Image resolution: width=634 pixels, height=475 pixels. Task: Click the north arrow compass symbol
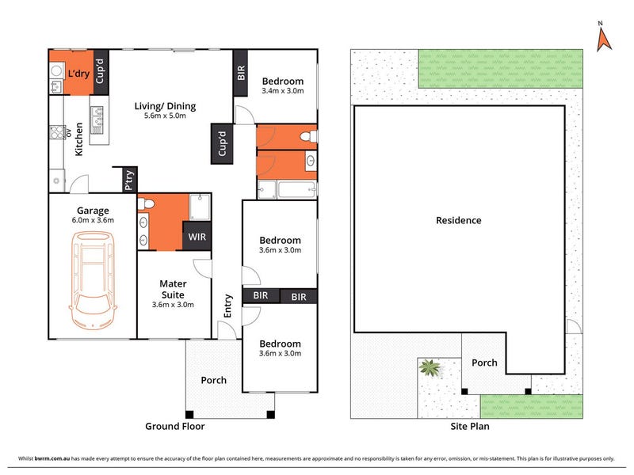604,40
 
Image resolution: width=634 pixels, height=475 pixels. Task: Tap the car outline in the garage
93,280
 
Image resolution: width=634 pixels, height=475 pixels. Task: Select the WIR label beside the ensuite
197,237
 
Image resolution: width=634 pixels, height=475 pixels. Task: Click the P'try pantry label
129,180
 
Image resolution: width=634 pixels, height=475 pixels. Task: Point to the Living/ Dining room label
165,106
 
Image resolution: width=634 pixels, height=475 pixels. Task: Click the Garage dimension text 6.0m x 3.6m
93,220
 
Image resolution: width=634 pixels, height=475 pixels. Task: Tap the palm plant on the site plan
430,367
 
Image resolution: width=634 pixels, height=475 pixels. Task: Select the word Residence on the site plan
459,220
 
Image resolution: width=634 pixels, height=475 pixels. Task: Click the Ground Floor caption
174,426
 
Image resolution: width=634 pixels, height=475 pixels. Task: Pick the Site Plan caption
470,426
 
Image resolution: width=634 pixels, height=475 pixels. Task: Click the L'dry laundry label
78,74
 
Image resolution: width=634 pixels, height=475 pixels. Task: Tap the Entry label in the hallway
227,306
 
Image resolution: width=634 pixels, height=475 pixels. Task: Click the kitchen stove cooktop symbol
57,132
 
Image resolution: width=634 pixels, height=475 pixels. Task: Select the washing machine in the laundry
56,71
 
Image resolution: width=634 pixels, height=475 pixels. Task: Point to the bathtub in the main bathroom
297,190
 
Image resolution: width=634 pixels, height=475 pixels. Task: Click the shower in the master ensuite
200,207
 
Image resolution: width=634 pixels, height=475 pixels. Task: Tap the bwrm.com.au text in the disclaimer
52,458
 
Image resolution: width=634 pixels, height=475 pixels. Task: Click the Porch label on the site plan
484,363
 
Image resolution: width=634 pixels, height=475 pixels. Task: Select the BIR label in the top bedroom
241,73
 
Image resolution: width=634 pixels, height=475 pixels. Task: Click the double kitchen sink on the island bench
97,120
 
